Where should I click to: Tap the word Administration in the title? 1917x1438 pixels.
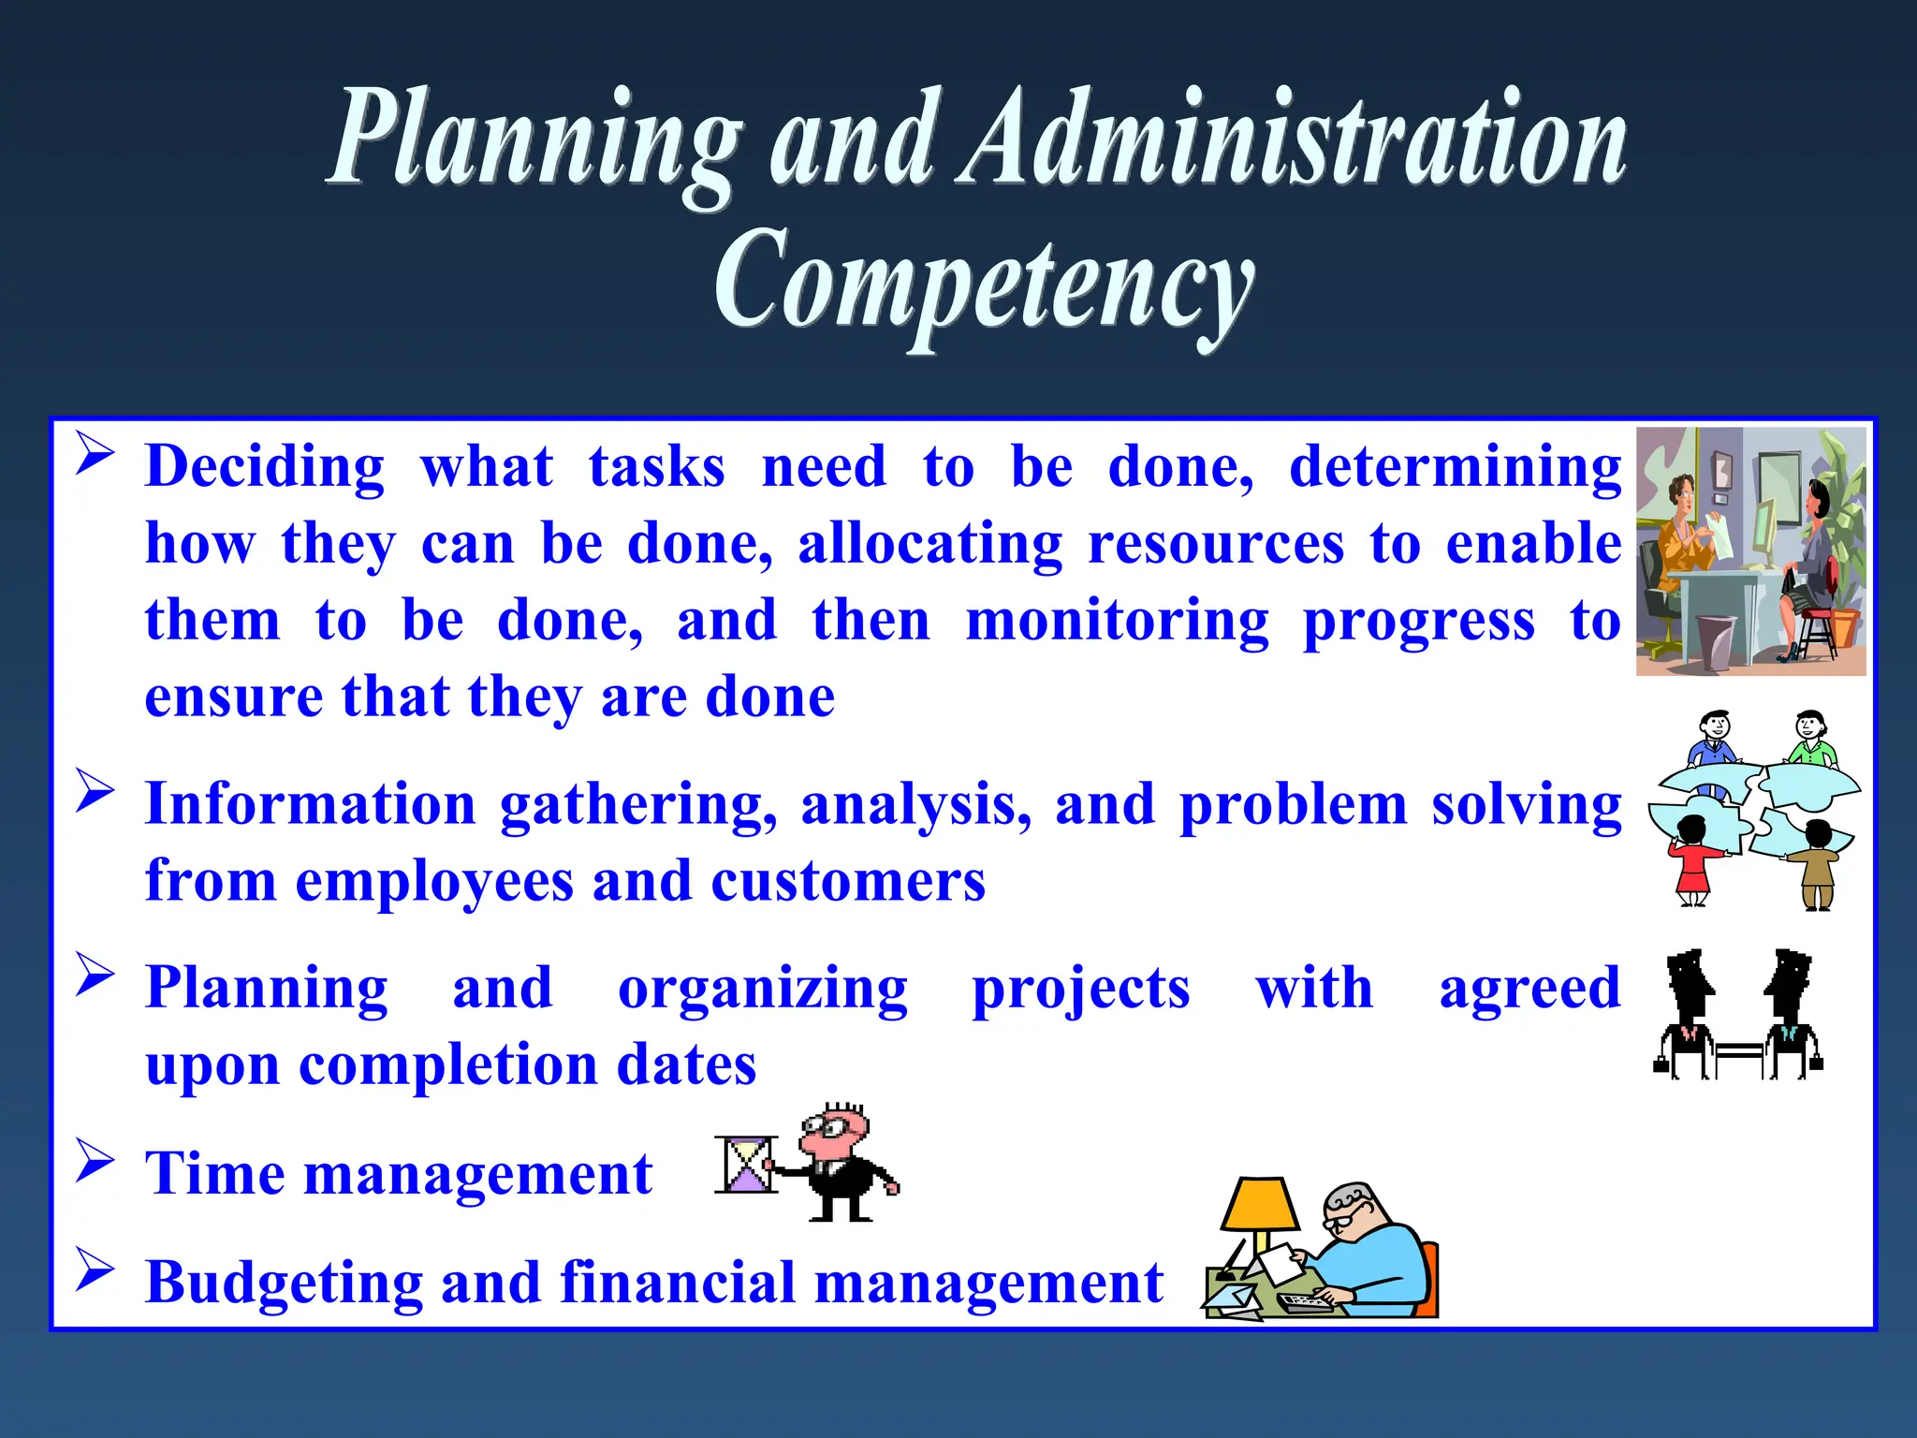pos(1296,140)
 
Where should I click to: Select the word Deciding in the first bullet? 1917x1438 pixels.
pos(265,467)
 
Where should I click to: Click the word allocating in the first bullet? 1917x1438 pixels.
pos(929,544)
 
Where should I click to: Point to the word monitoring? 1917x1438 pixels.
pos(1117,621)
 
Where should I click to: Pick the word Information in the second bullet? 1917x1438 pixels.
pos(311,804)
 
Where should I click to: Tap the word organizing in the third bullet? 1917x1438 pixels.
pos(762,989)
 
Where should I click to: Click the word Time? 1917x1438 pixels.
pos(214,1173)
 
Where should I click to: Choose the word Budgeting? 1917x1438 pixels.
pos(283,1282)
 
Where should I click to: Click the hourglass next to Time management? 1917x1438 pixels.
pos(746,1165)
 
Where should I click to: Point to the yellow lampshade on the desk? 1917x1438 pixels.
pos(1260,1204)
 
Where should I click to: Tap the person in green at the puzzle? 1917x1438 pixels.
pos(1811,740)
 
